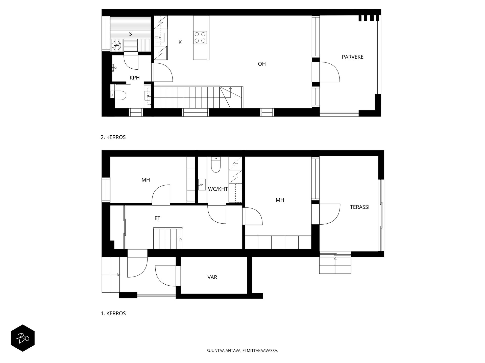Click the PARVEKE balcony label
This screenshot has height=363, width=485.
[352, 57]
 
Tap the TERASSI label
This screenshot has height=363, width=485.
[359, 207]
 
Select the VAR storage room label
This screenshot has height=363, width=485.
[212, 277]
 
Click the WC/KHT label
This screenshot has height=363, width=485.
[218, 189]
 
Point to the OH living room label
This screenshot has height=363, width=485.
[262, 64]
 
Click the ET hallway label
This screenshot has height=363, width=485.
[157, 219]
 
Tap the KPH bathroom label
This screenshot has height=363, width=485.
[134, 78]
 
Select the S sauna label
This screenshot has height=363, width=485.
[130, 34]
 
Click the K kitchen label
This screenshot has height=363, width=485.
[180, 42]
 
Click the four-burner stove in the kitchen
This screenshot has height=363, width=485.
[200, 37]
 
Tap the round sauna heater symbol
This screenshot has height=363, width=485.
[116, 46]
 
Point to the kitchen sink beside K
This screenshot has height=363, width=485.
[160, 38]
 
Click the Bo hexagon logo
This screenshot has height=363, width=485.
[23, 338]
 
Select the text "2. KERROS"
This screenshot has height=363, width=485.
[113, 137]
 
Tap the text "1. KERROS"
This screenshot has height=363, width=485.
[113, 314]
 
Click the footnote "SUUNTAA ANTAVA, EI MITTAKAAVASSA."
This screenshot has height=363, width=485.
[242, 351]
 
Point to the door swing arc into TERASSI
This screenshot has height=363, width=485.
[331, 214]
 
